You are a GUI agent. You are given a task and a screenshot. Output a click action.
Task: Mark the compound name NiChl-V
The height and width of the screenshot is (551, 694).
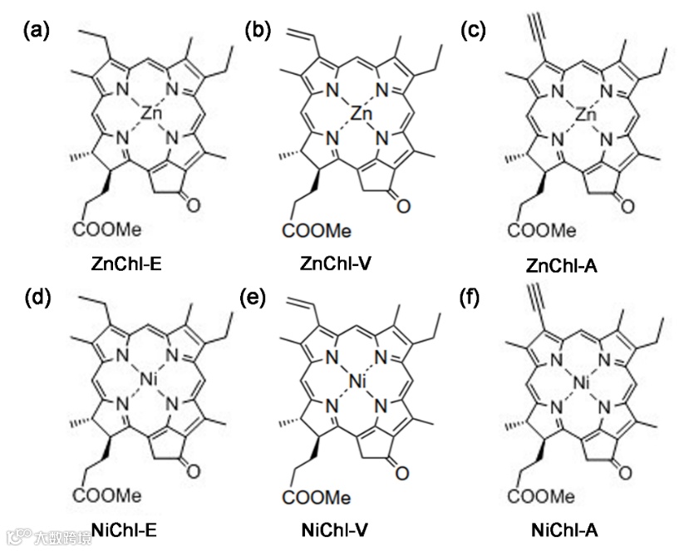(x=341, y=529)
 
